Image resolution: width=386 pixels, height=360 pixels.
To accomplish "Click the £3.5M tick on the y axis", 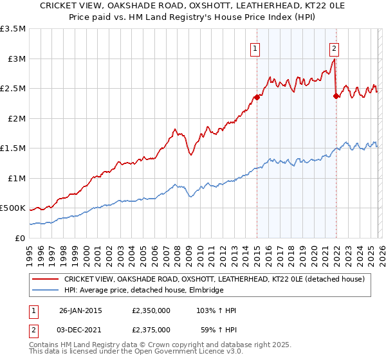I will pos(13,29).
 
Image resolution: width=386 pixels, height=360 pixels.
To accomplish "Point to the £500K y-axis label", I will pos(13,208).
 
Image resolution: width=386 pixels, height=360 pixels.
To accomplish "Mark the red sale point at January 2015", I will pos(257,98).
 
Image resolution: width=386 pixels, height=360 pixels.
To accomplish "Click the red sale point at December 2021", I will pos(336,96).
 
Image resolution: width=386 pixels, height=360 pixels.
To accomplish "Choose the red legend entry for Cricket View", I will pos(214,279).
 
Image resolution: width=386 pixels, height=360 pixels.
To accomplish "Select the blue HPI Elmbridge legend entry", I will pos(143,291).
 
